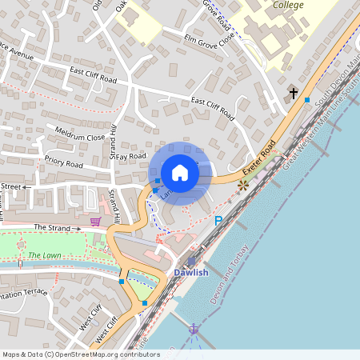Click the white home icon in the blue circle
[180, 173]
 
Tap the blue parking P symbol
[218, 221]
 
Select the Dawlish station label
[191, 273]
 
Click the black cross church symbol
[294, 94]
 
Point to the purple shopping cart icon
[96, 221]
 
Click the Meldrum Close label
[80, 133]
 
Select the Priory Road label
[64, 163]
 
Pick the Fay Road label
[131, 157]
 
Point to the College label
[290, 5]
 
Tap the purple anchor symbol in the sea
[193, 329]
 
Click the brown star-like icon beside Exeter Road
[243, 185]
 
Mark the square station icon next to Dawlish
[190, 262]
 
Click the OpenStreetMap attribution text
[81, 354]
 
